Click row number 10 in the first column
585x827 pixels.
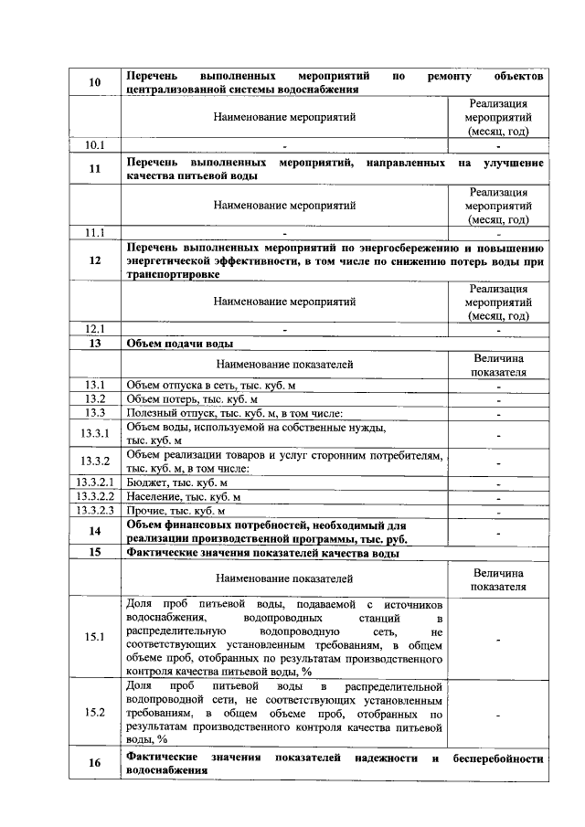(x=94, y=83)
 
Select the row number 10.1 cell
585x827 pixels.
(x=94, y=144)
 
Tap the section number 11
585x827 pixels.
(x=94, y=169)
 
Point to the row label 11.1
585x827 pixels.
(x=94, y=232)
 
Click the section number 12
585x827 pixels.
(x=94, y=260)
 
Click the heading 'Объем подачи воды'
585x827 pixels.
(x=179, y=344)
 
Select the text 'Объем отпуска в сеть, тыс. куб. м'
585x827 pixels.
(x=211, y=386)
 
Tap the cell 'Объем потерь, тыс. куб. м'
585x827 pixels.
(x=193, y=399)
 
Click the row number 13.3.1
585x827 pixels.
(x=94, y=433)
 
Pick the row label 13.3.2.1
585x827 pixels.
(x=94, y=482)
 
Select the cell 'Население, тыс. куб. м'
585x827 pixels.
(x=184, y=496)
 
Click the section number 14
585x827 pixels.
(x=94, y=532)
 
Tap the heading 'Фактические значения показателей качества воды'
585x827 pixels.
(x=263, y=553)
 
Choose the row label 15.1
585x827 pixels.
(x=94, y=637)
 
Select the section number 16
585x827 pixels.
(x=94, y=764)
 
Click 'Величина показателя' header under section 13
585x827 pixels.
(x=498, y=366)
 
